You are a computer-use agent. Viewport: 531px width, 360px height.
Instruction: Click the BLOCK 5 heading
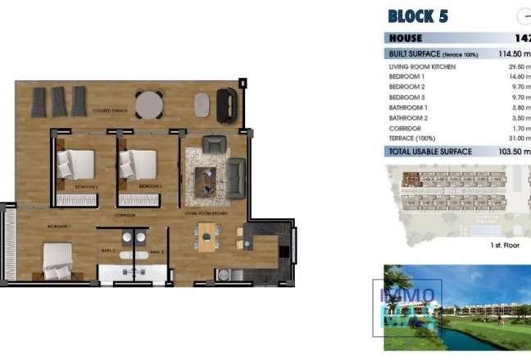(x=417, y=16)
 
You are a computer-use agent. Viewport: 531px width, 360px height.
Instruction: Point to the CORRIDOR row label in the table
(x=406, y=129)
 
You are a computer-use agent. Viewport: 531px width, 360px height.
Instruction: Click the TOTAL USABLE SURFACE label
(x=430, y=152)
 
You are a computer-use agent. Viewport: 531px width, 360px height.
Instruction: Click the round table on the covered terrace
(x=149, y=105)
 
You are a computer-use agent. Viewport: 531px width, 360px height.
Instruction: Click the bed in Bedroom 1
(x=57, y=261)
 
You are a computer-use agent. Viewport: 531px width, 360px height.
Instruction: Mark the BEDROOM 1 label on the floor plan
(x=58, y=225)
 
